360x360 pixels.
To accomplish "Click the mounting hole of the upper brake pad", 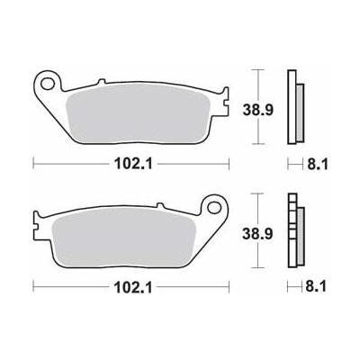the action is pos(47,84).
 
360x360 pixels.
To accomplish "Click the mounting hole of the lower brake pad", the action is pos(213,206).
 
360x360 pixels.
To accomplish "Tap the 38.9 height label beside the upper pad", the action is pos(257,111).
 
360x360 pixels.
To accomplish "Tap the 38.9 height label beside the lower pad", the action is pos(257,234).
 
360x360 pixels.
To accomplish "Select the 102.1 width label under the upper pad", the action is pos(133,164).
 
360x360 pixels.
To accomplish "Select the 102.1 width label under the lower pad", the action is pos(133,288).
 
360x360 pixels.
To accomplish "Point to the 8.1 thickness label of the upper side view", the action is pos(317,164).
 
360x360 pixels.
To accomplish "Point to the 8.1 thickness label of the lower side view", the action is pos(316,288).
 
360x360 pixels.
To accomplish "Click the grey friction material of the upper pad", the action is pos(138,115).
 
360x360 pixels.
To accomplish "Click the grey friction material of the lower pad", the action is pos(123,237).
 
